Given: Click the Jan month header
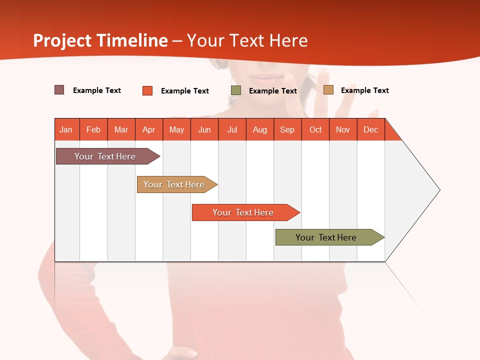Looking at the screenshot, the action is (66, 129).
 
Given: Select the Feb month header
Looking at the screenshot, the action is (93, 129).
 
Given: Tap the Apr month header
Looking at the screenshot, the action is (149, 129).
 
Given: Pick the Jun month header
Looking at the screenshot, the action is (204, 129).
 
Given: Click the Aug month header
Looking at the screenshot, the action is (260, 129).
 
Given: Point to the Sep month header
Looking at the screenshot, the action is (287, 129).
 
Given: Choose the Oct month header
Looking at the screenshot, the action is (315, 129).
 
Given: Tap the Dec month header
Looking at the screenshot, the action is (371, 129).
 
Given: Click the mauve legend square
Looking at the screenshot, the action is (59, 90).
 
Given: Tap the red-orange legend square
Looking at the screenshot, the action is (147, 90).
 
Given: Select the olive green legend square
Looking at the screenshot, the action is (236, 90).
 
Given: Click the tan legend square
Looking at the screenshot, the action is (328, 90).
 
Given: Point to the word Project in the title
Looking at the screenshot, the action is (62, 40).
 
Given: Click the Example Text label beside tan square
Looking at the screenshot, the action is (364, 90).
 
